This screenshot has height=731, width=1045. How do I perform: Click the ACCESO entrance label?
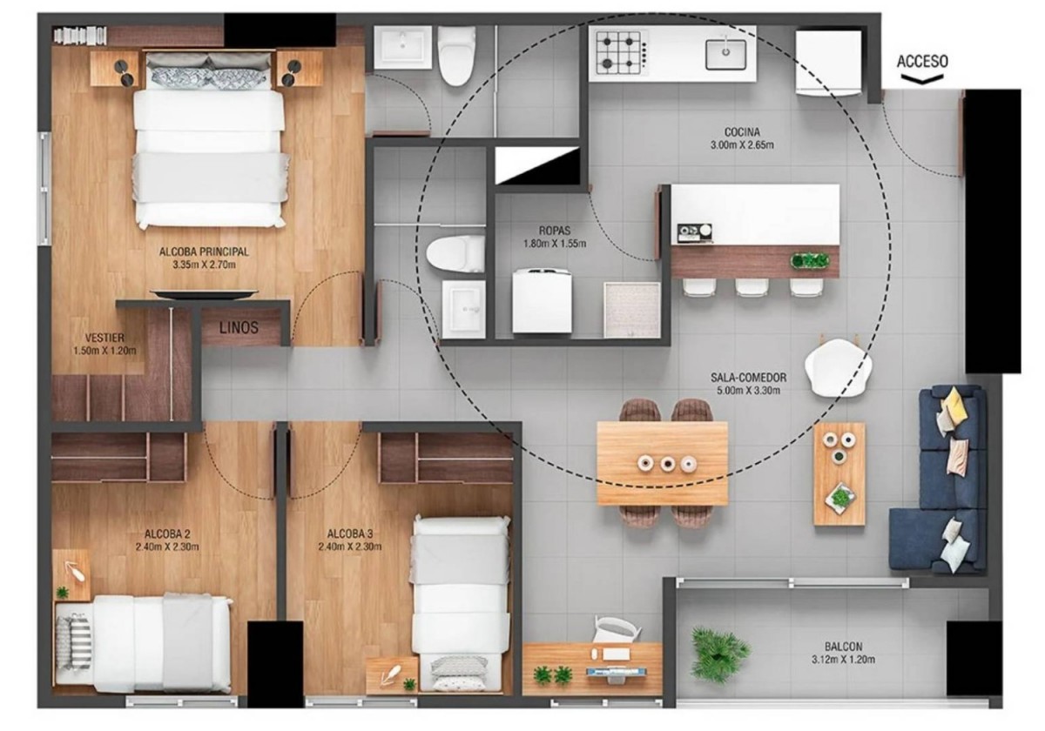click(922, 62)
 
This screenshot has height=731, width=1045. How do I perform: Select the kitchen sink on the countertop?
click(725, 54)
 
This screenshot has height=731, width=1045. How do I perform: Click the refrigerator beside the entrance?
click(828, 63)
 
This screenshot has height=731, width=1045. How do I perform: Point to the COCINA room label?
click(742, 132)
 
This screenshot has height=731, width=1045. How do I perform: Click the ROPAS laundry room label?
click(555, 231)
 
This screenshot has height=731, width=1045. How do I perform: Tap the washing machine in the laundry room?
click(542, 301)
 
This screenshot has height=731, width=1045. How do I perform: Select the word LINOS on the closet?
click(239, 328)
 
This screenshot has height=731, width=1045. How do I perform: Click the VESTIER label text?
click(105, 338)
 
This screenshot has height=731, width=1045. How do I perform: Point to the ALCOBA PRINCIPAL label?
click(204, 251)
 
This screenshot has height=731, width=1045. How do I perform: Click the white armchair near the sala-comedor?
click(839, 367)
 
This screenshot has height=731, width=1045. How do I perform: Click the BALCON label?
click(844, 647)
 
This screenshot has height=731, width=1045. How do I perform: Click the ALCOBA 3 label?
click(350, 533)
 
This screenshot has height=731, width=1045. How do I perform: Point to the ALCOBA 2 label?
click(167, 533)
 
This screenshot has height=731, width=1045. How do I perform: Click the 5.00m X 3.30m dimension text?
click(748, 390)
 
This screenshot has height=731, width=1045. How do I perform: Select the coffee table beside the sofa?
click(839, 474)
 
